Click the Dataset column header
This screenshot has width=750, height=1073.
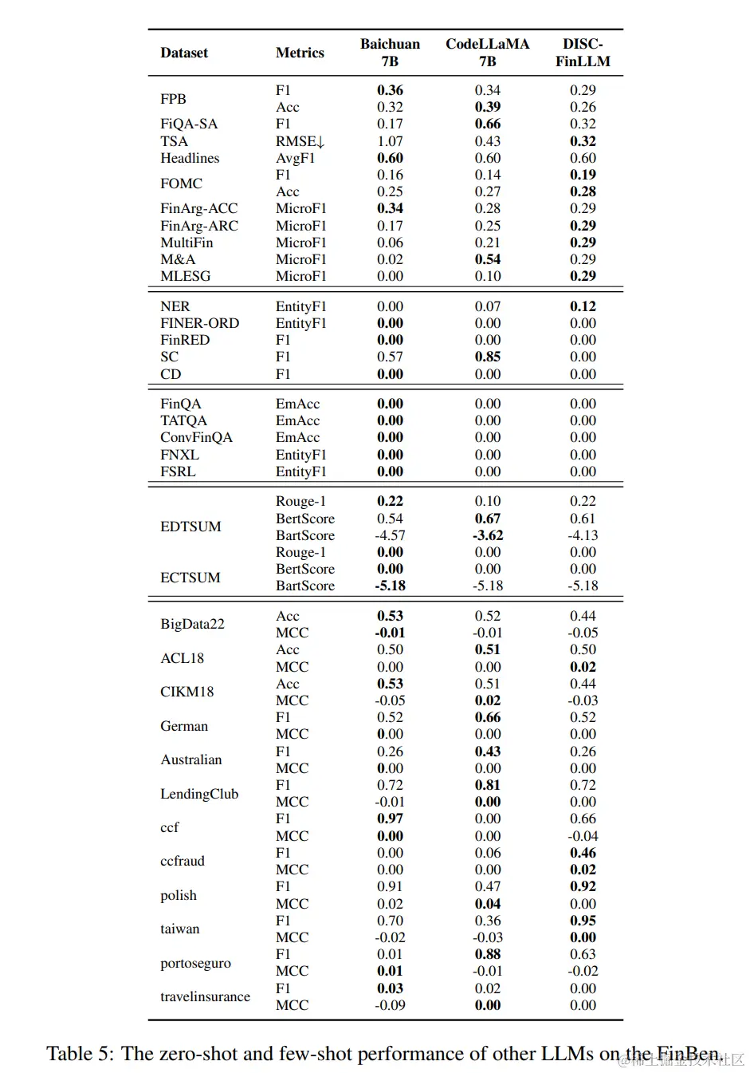click(183, 53)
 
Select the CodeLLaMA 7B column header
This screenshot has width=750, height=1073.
click(487, 53)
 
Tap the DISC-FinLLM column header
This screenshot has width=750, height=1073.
click(583, 53)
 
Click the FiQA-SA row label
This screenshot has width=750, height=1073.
click(189, 124)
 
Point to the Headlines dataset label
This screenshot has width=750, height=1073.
click(190, 158)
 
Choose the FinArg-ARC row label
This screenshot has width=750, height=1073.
click(199, 226)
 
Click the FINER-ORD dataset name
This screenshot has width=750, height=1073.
click(199, 323)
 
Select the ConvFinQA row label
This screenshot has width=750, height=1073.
click(196, 437)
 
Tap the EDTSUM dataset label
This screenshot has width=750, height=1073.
click(190, 527)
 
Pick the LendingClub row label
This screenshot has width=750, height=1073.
click(199, 794)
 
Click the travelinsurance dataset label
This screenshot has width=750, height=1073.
click(205, 996)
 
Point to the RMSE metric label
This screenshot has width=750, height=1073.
click(300, 141)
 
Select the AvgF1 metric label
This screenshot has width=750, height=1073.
click(295, 158)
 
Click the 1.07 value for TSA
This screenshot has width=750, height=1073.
click(390, 141)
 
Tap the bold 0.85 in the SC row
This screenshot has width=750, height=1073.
click(488, 357)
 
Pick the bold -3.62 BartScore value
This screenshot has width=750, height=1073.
click(488, 535)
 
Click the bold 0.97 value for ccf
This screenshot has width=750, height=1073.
click(390, 819)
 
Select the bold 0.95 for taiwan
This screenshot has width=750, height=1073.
click(583, 921)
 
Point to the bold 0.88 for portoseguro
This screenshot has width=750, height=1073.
click(488, 954)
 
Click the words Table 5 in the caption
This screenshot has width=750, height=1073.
click(80, 1054)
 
